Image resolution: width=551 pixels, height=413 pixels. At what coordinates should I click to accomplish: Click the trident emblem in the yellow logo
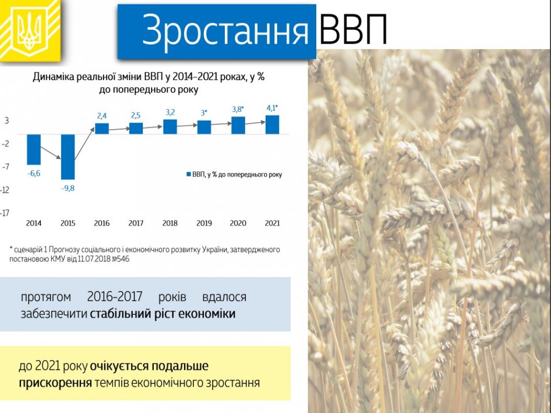tap(30, 30)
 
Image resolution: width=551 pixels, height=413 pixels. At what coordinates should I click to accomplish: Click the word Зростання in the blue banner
tap(225, 30)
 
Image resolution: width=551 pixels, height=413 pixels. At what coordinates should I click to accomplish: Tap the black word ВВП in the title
tap(353, 30)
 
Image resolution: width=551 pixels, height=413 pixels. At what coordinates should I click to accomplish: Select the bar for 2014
tap(34, 149)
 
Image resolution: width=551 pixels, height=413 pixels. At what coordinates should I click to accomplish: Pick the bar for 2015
tap(68, 157)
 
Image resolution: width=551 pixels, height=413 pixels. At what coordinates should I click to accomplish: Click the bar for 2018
tap(170, 127)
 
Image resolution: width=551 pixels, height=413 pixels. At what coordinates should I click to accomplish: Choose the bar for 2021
tap(272, 125)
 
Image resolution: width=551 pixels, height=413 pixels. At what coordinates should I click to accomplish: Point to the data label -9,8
tap(68, 189)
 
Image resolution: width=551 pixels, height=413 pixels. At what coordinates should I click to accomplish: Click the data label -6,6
tap(34, 174)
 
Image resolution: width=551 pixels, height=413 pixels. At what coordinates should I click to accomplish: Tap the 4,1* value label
tap(272, 108)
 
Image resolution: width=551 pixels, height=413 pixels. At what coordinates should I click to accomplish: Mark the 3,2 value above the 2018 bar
tap(170, 112)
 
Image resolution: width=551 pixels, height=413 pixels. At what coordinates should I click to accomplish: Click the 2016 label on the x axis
tap(102, 223)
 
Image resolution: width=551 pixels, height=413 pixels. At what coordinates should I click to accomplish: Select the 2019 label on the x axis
tap(204, 223)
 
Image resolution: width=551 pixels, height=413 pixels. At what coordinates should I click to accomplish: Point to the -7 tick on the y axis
tap(6, 167)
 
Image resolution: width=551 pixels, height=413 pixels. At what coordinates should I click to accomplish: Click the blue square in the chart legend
tap(188, 174)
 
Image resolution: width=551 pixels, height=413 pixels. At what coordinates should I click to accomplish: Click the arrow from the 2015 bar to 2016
tap(85, 144)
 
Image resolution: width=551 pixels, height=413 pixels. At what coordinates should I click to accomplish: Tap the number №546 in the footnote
tap(120, 259)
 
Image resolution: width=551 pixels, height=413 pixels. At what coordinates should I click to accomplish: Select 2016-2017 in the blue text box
tap(115, 297)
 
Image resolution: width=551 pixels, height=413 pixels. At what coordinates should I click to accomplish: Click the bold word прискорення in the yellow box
tap(55, 383)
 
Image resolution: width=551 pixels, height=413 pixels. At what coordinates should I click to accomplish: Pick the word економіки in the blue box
tap(207, 313)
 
